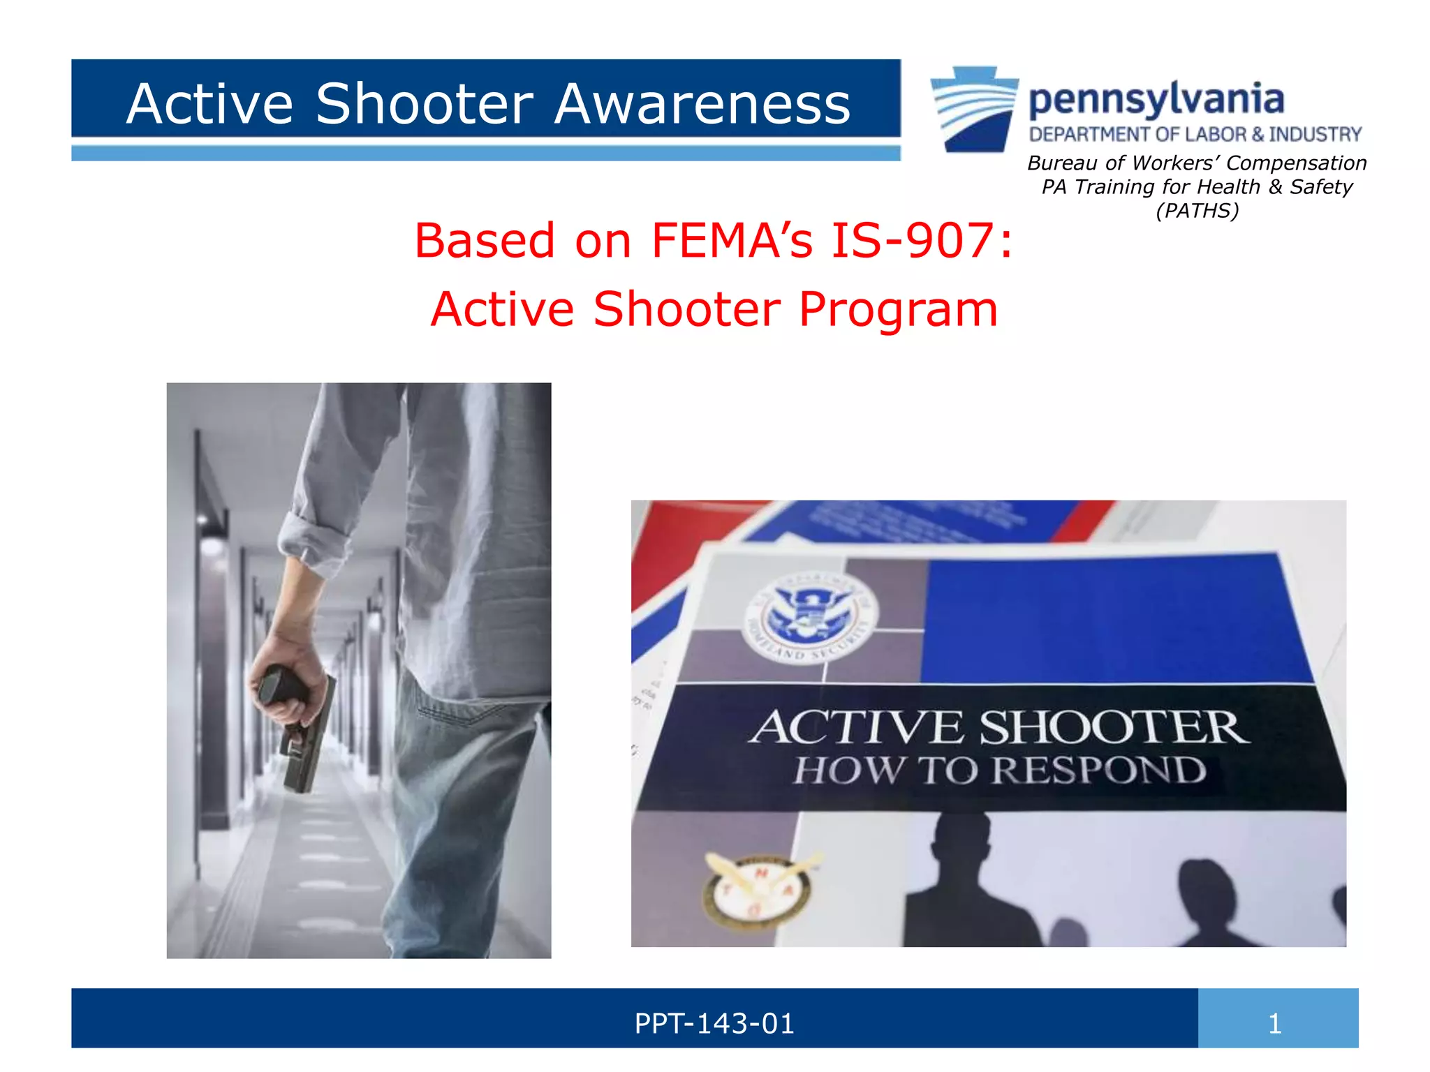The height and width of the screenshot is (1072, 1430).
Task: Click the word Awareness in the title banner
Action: [x=702, y=104]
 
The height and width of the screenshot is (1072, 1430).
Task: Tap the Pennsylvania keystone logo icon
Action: [x=975, y=109]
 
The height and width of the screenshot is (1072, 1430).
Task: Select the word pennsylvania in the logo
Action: [x=1156, y=100]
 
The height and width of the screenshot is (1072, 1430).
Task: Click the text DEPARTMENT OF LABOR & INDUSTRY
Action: [x=1195, y=134]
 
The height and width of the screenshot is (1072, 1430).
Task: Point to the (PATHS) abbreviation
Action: [x=1197, y=211]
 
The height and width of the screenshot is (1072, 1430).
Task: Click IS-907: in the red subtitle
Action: [x=922, y=241]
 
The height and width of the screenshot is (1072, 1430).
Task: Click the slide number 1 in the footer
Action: [x=1275, y=1024]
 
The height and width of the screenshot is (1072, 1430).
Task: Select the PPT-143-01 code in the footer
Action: [x=714, y=1024]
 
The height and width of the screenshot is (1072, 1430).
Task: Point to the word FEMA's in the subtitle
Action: [x=732, y=241]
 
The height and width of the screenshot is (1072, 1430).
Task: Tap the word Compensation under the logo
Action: [x=1296, y=163]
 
